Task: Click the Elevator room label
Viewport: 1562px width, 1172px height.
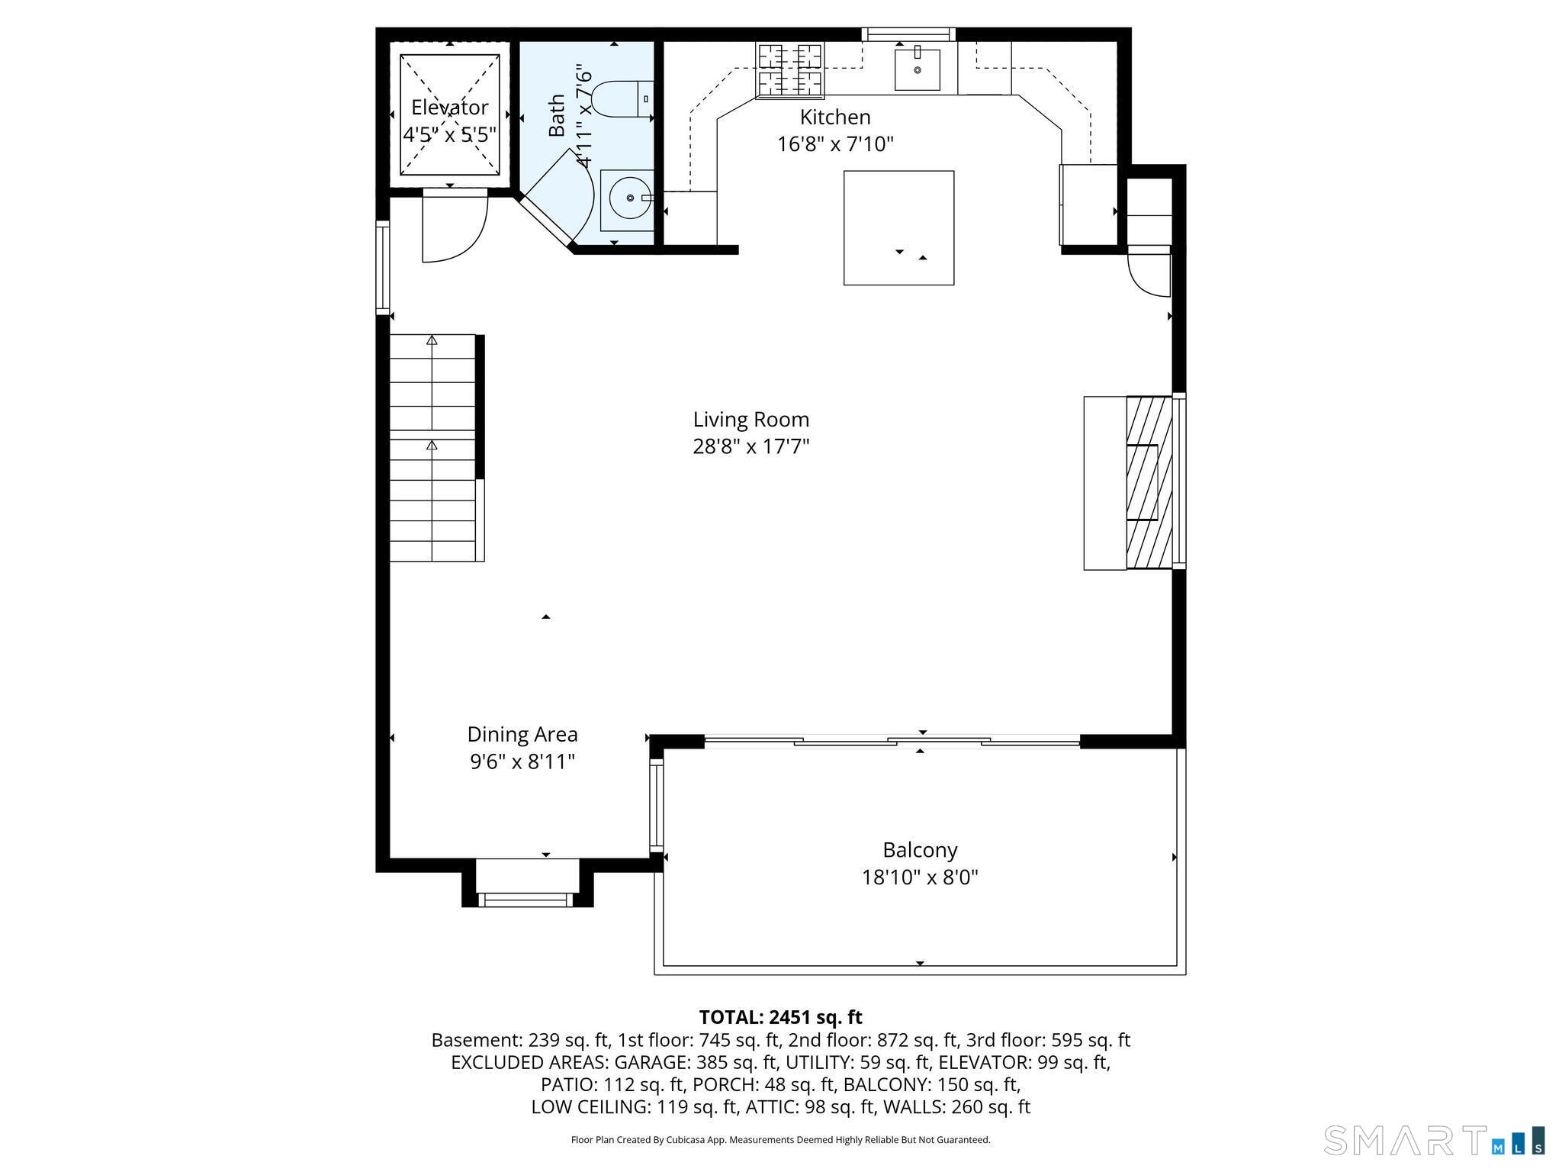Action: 450,107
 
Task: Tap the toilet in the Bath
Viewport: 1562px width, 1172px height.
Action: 622,98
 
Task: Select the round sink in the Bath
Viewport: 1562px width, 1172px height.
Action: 630,198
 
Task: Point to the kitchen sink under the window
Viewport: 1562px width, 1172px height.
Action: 918,69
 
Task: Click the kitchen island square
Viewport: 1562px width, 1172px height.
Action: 898,227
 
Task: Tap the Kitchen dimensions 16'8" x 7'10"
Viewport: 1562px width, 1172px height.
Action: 835,144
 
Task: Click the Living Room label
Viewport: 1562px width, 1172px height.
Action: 751,419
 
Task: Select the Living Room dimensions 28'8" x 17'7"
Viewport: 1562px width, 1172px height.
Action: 751,446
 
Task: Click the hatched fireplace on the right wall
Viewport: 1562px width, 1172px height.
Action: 1149,482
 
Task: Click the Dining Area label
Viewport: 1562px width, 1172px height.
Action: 522,734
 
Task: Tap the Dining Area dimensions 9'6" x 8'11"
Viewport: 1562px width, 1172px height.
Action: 522,761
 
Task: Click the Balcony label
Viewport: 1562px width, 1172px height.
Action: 920,849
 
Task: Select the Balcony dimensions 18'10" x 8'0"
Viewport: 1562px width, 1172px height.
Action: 920,877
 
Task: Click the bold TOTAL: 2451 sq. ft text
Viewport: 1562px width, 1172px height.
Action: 780,1017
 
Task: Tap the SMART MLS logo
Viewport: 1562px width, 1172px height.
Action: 1434,1140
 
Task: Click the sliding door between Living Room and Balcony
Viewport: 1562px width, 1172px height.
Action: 892,739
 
